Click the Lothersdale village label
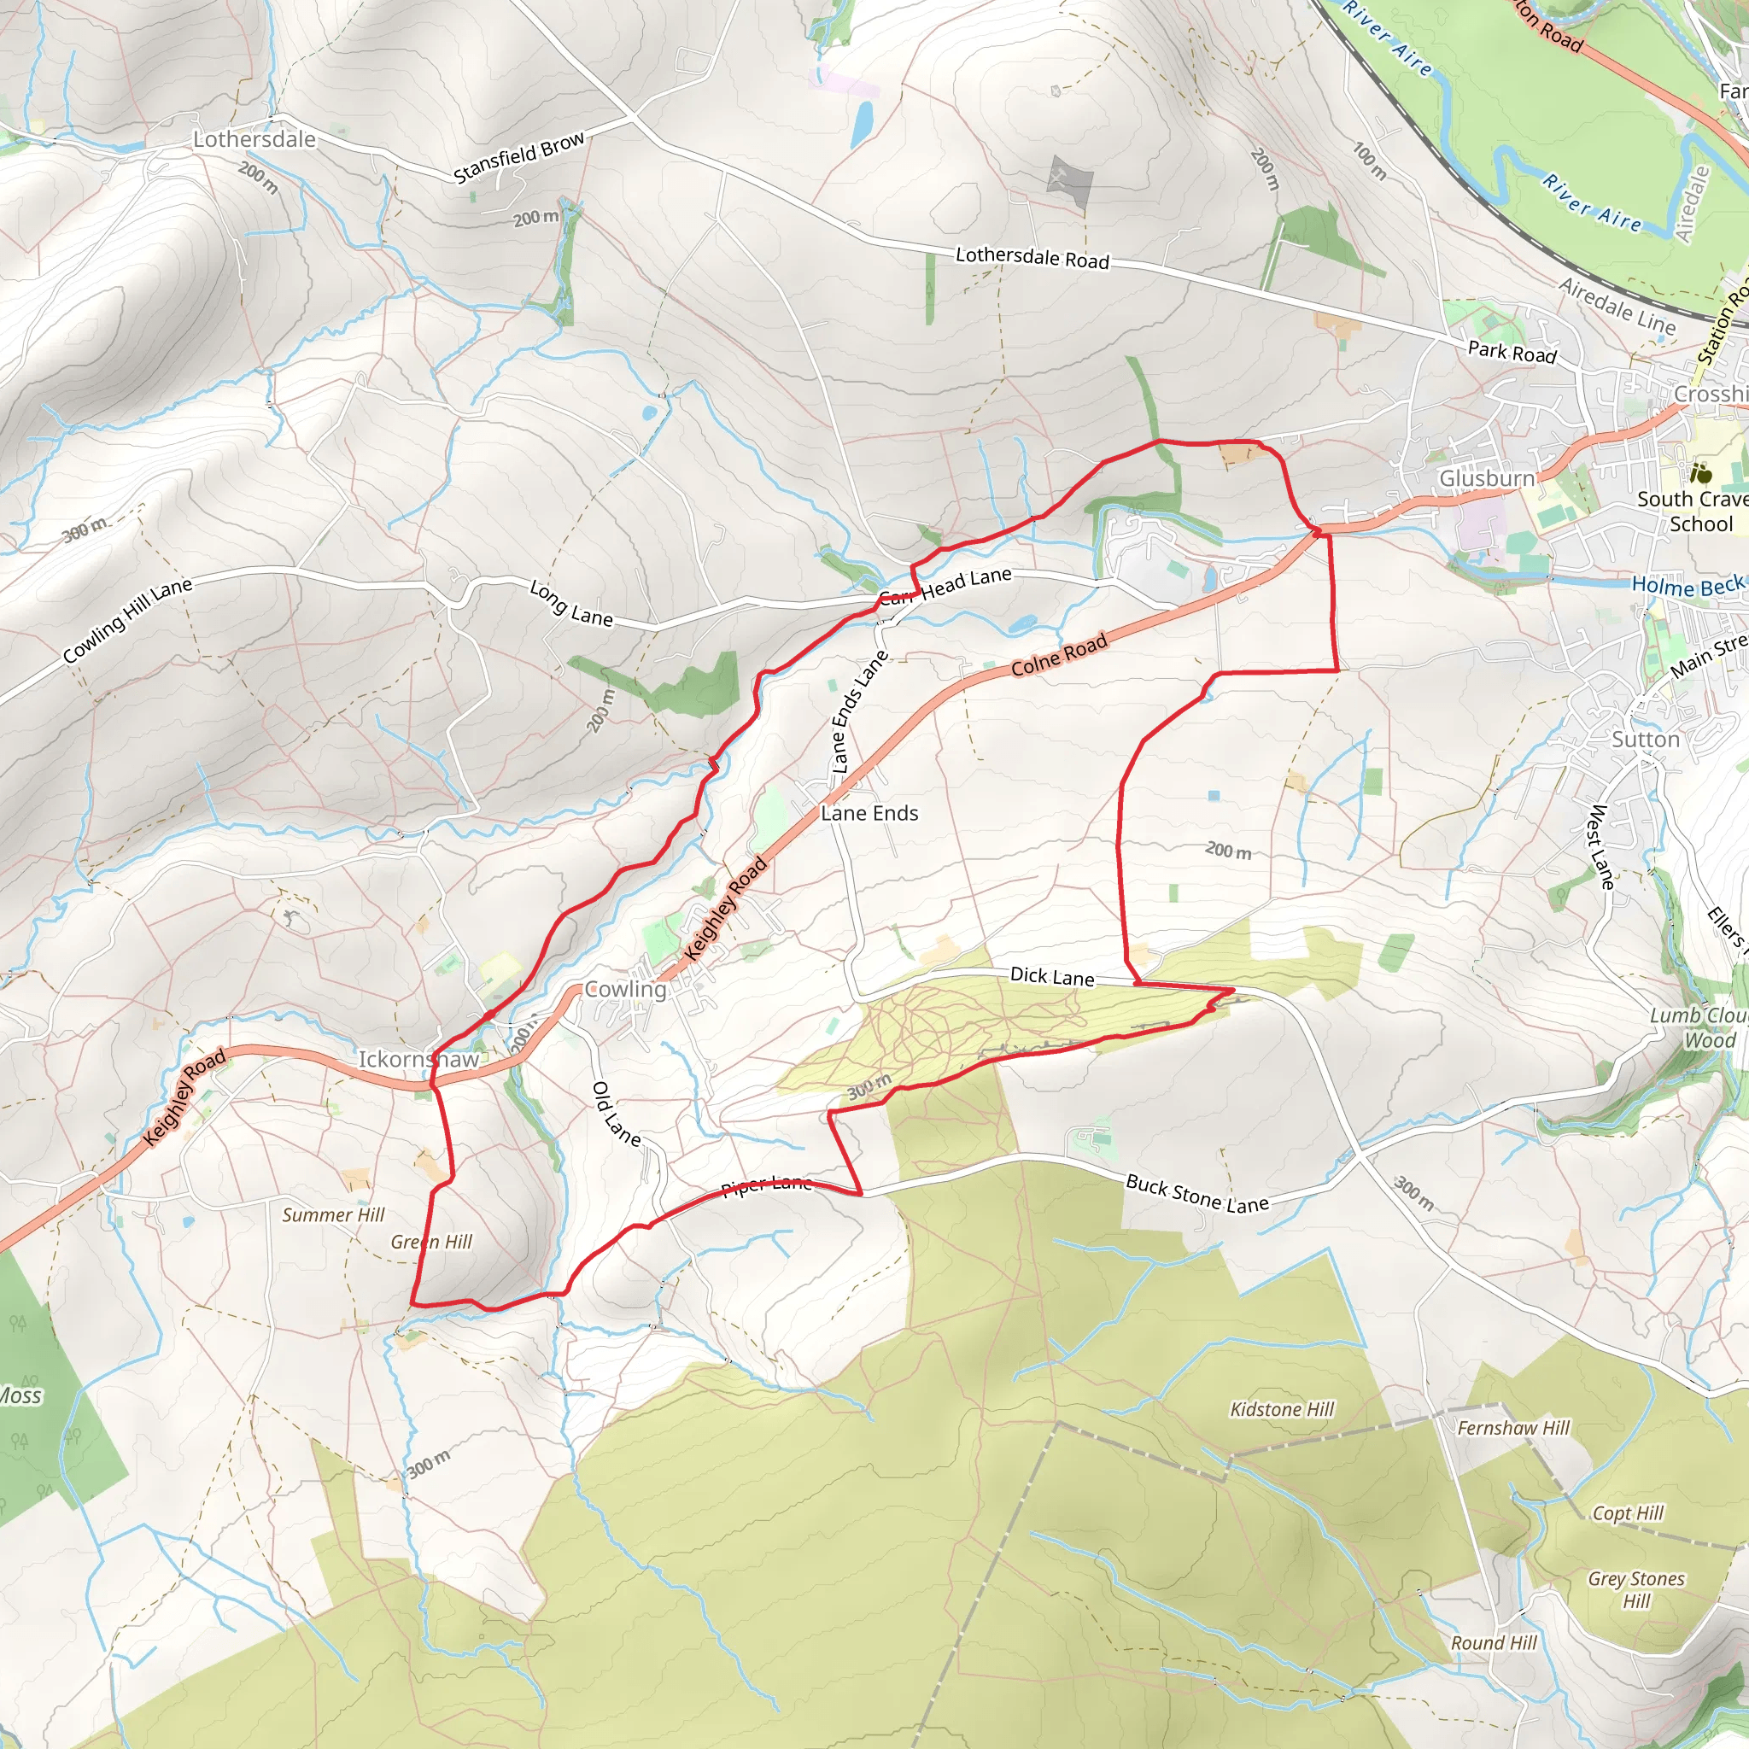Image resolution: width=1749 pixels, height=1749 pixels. click(x=254, y=139)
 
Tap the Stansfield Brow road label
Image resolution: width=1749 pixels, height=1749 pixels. click(x=518, y=157)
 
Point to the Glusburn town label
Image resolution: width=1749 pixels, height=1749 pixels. click(x=1487, y=478)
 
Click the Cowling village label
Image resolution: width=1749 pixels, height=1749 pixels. click(x=624, y=989)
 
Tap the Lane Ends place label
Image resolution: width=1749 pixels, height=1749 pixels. click(x=869, y=813)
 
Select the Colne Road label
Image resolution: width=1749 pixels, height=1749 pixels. click(x=1058, y=654)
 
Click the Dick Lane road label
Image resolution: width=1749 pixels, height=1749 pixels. click(x=1052, y=976)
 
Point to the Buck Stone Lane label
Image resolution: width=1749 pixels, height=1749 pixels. click(x=1196, y=1193)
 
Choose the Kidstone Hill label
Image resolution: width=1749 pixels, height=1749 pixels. click(x=1281, y=1408)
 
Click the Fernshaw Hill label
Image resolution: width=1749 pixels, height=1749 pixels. click(x=1512, y=1428)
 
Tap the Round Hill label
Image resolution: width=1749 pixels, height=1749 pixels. click(x=1494, y=1643)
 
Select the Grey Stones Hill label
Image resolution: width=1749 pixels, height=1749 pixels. click(x=1635, y=1589)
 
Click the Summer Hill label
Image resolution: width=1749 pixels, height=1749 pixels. click(x=333, y=1215)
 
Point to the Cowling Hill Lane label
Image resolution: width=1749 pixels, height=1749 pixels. click(x=127, y=621)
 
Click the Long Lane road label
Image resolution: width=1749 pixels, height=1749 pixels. click(x=571, y=604)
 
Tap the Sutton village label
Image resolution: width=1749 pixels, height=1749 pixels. click(x=1645, y=740)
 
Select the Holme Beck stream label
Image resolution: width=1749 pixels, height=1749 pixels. click(x=1686, y=585)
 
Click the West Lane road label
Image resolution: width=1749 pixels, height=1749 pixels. click(x=1600, y=846)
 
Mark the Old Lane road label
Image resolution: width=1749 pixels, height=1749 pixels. click(x=616, y=1114)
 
